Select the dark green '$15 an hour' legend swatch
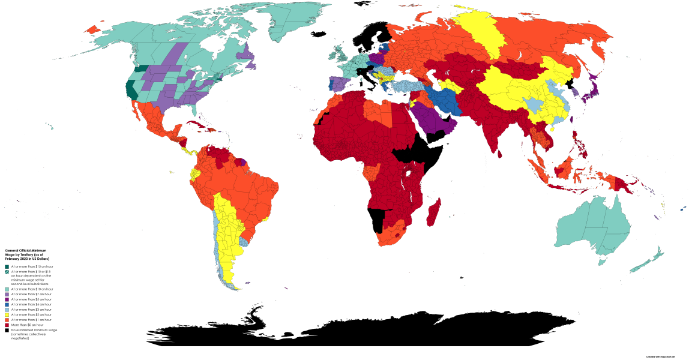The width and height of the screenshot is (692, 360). (7, 266)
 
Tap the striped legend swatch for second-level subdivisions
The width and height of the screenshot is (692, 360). (7, 272)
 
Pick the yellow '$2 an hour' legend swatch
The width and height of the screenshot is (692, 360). (7, 314)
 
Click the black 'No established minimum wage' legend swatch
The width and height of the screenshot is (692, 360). (7, 329)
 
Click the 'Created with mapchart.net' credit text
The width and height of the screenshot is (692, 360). (660, 356)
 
